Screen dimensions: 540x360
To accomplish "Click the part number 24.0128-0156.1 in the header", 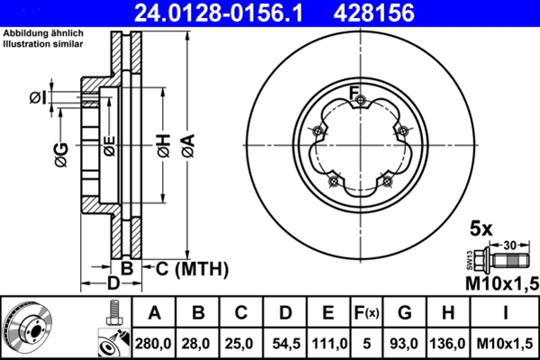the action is click(x=219, y=13).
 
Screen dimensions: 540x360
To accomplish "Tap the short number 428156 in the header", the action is click(x=374, y=13).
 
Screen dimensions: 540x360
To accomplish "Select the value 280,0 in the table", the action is click(x=153, y=344).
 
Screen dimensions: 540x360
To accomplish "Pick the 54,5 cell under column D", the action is click(x=286, y=344).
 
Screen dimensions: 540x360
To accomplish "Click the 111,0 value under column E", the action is click(x=329, y=344).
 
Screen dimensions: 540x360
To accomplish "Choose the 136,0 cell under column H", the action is click(x=447, y=344).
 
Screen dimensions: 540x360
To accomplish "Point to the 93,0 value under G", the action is click(x=404, y=344).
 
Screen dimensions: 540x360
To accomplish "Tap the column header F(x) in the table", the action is click(x=366, y=313).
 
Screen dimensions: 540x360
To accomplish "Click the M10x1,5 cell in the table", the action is click(x=505, y=344).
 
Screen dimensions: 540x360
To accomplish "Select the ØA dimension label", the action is click(x=188, y=146).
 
